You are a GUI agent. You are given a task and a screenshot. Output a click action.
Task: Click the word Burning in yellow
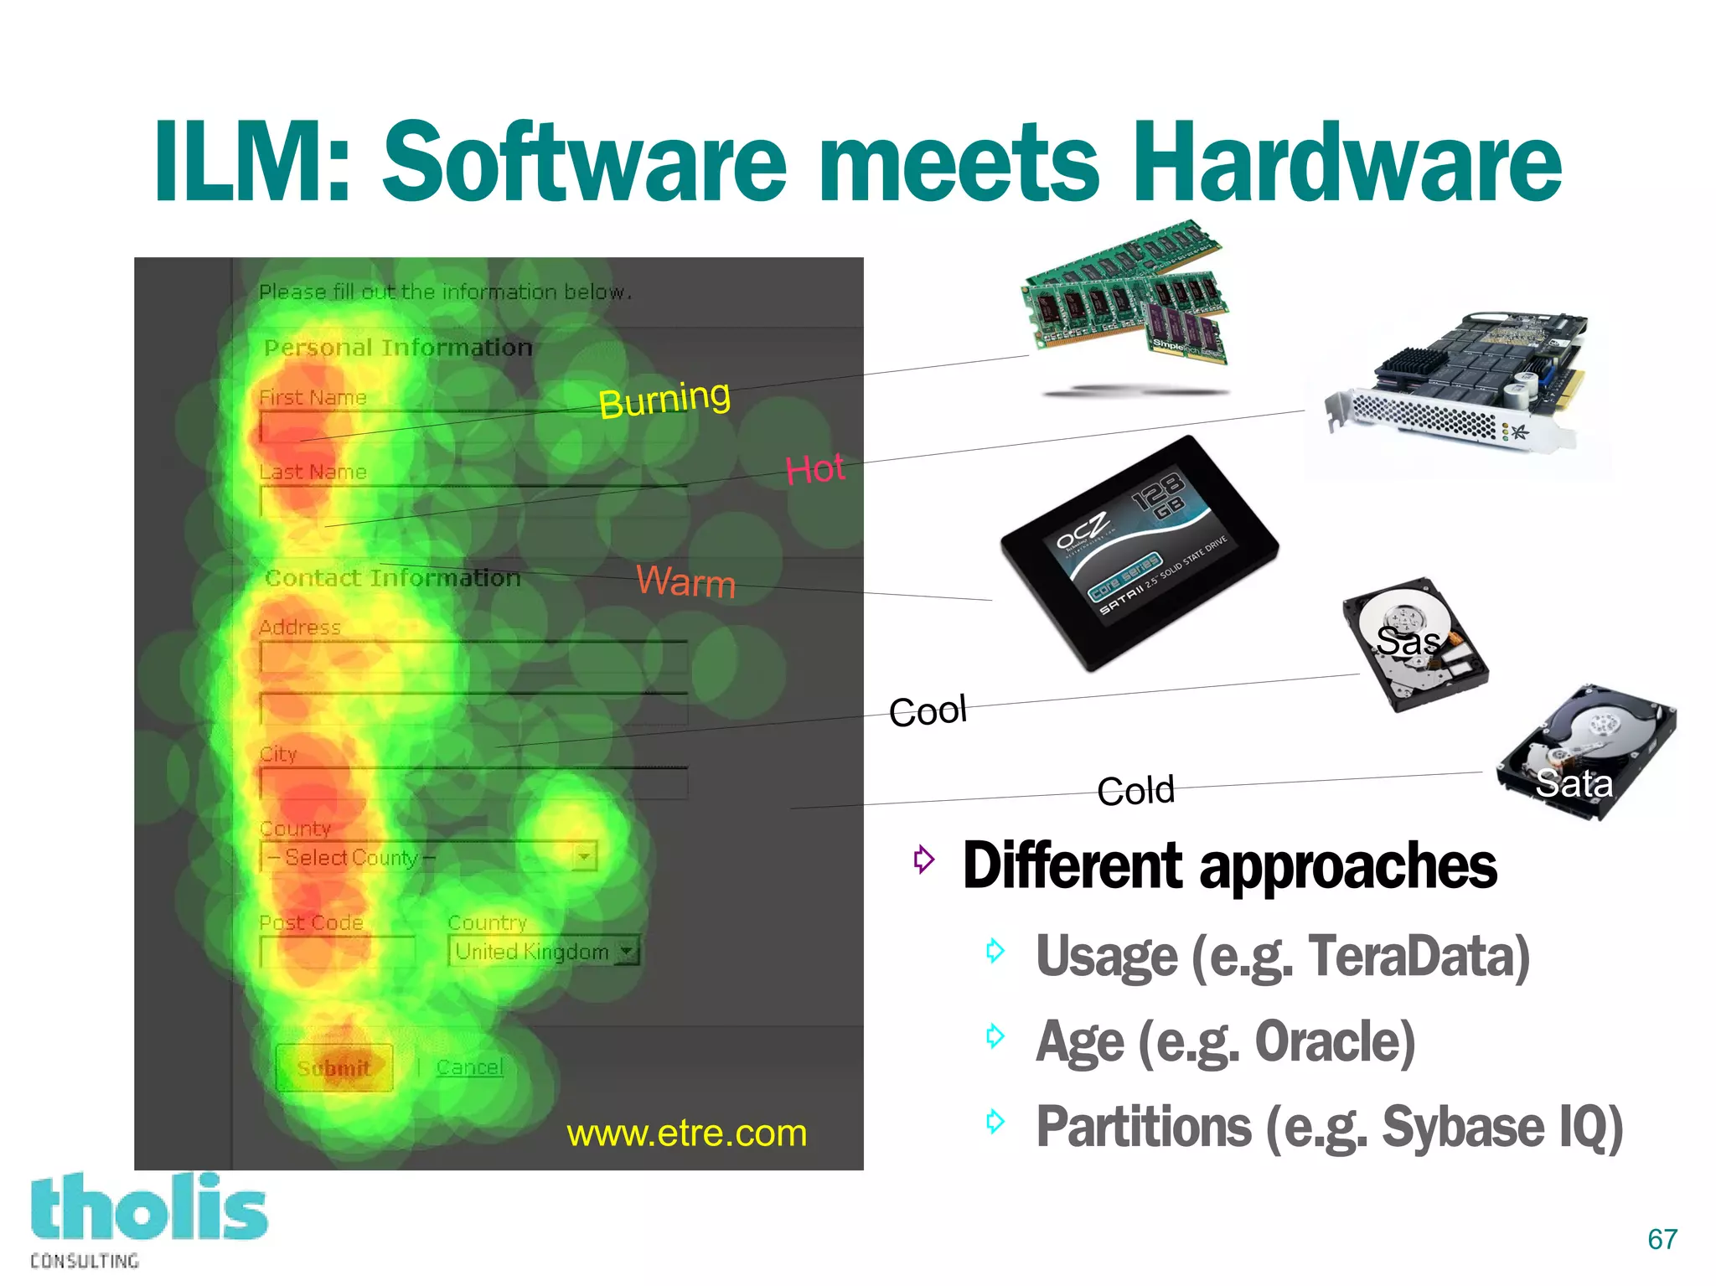point(664,399)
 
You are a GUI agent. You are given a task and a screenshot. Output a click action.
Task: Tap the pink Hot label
point(814,469)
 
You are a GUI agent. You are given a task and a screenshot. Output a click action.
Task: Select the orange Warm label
point(685,581)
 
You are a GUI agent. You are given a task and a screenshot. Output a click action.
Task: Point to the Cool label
point(928,711)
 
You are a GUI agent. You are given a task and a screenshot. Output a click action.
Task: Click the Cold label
point(1135,790)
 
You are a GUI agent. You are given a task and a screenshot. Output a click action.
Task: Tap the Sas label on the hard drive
point(1408,642)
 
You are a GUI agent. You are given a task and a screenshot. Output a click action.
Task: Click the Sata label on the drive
point(1574,783)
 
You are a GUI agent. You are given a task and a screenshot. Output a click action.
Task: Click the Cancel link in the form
point(469,1067)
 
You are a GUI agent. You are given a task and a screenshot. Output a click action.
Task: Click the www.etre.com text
point(686,1134)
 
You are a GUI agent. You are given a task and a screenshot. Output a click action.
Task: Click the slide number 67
point(1662,1239)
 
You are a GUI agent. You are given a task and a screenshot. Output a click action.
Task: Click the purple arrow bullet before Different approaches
point(923,859)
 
